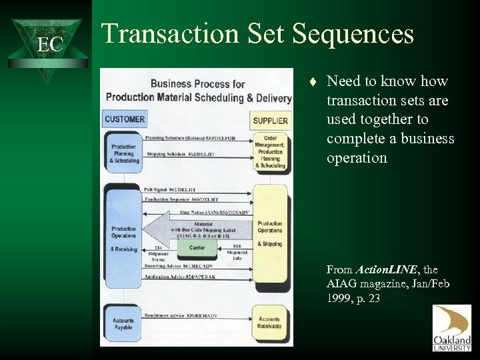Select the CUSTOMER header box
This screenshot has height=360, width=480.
coord(125,119)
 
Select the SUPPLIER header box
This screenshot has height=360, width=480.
coord(269,121)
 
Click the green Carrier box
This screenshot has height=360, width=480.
coord(197,247)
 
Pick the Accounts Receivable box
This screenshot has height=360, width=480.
coord(269,323)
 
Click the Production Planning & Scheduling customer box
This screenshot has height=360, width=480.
coord(125,153)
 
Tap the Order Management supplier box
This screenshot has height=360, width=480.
coord(269,153)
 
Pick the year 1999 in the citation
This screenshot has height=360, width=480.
coord(339,297)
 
